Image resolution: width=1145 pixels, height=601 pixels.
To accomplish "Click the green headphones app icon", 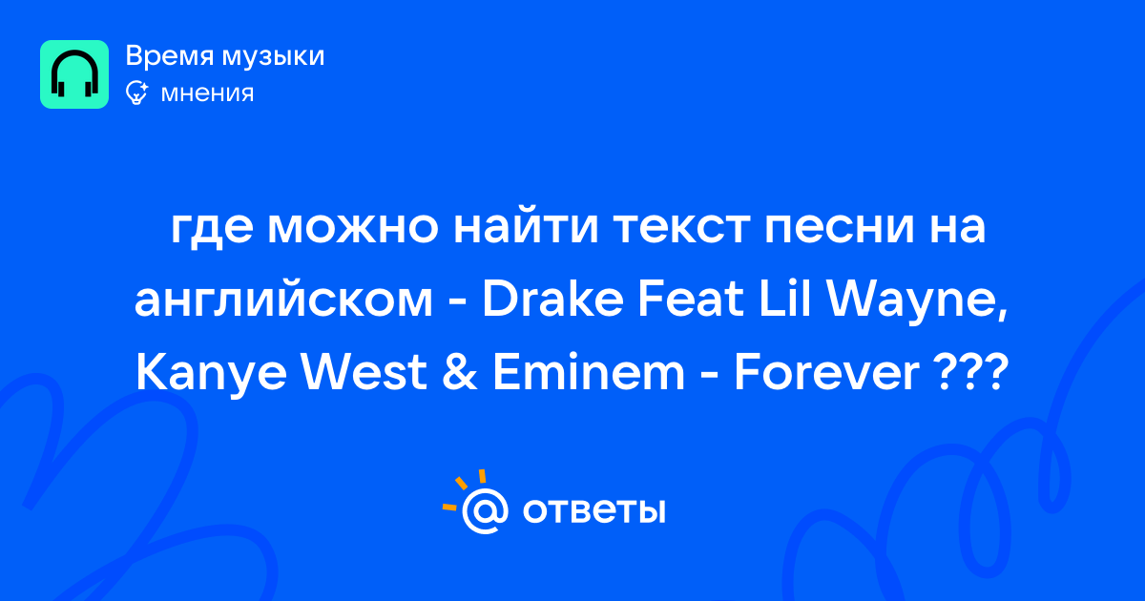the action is pos(74,74).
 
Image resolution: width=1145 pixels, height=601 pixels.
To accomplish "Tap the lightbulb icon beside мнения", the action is pos(136,93).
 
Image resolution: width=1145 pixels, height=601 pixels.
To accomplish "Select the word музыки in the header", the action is pos(274,57).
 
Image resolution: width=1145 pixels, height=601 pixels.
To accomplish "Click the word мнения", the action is pos(207,93).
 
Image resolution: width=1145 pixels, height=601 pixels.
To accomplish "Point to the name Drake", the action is pos(552,299).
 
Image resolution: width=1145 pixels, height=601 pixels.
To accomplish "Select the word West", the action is pos(364,372).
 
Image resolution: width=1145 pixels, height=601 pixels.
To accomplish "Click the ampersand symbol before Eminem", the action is pos(459,372).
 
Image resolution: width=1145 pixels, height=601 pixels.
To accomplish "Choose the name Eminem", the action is pos(588,372).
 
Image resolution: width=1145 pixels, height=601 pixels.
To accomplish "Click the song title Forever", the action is pos(826,372).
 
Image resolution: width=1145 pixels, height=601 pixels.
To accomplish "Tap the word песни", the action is pos(840,227).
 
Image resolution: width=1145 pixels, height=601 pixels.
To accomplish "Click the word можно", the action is pos(353,227).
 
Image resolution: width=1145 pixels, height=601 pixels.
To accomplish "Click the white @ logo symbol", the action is pos(484,510).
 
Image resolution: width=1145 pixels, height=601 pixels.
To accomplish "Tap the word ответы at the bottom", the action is pos(593,511).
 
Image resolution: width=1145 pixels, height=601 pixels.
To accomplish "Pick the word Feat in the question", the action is pos(691,299).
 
